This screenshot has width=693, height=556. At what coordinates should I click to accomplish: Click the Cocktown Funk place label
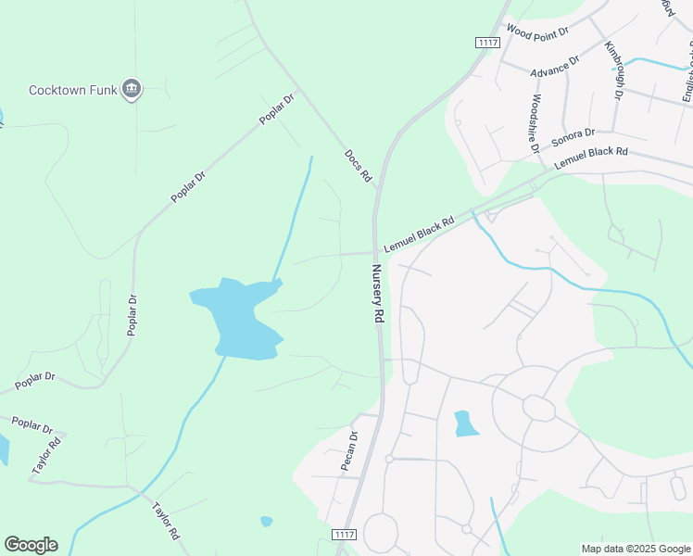tap(73, 90)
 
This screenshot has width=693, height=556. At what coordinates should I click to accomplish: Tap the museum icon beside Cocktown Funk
tap(132, 89)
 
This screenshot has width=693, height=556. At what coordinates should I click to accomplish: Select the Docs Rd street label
tap(358, 166)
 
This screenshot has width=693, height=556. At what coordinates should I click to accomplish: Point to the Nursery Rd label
tap(378, 294)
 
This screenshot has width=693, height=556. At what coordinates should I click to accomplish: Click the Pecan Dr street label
tap(349, 450)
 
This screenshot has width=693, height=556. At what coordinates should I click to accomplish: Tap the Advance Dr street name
tap(554, 66)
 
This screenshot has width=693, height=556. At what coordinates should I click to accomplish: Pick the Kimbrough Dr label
tap(614, 71)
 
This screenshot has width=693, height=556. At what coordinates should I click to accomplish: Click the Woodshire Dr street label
tap(535, 127)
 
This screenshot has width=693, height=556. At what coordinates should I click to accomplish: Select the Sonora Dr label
tap(573, 138)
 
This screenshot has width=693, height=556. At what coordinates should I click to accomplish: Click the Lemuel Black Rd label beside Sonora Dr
tap(591, 158)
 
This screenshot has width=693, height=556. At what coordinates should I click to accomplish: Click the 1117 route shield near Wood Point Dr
tap(487, 43)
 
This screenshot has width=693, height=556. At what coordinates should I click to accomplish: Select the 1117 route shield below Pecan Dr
tap(344, 535)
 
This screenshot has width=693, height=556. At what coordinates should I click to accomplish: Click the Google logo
tap(31, 544)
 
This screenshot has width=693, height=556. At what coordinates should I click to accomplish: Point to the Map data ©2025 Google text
tap(635, 549)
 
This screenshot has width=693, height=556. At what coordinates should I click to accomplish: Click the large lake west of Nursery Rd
tap(239, 318)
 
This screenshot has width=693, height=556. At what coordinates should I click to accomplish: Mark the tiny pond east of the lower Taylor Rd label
tap(267, 521)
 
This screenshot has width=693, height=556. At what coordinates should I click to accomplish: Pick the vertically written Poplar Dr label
tap(132, 315)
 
